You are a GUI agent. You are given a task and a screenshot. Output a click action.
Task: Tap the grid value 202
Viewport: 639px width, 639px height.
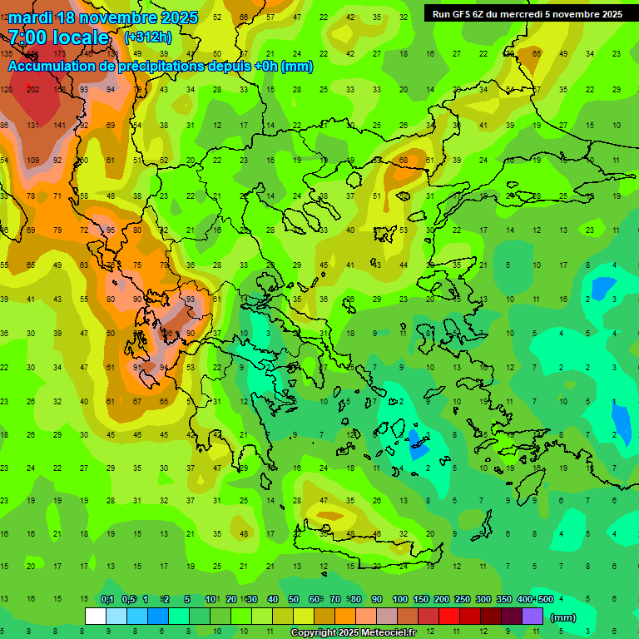click(33, 90)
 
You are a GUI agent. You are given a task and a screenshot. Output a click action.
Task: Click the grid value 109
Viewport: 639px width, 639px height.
click(33, 161)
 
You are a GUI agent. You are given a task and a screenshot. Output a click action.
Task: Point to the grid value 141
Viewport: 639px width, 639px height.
click(59, 126)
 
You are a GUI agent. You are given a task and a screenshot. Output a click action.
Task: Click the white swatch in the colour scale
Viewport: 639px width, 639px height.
click(96, 617)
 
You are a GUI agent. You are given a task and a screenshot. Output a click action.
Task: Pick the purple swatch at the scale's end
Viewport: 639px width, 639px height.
click(532, 617)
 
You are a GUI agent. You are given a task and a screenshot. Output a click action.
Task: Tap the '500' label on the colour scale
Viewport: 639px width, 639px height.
click(545, 600)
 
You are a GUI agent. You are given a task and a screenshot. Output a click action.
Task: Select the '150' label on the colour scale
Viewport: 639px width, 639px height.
click(421, 600)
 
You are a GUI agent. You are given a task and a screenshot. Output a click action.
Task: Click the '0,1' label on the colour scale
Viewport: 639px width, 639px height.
click(107, 600)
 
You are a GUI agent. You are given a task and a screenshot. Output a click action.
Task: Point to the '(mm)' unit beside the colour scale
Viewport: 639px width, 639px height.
click(563, 617)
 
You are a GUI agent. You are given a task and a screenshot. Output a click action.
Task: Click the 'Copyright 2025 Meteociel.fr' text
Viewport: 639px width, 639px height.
click(352, 633)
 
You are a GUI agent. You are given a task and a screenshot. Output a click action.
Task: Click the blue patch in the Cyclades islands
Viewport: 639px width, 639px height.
click(418, 443)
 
